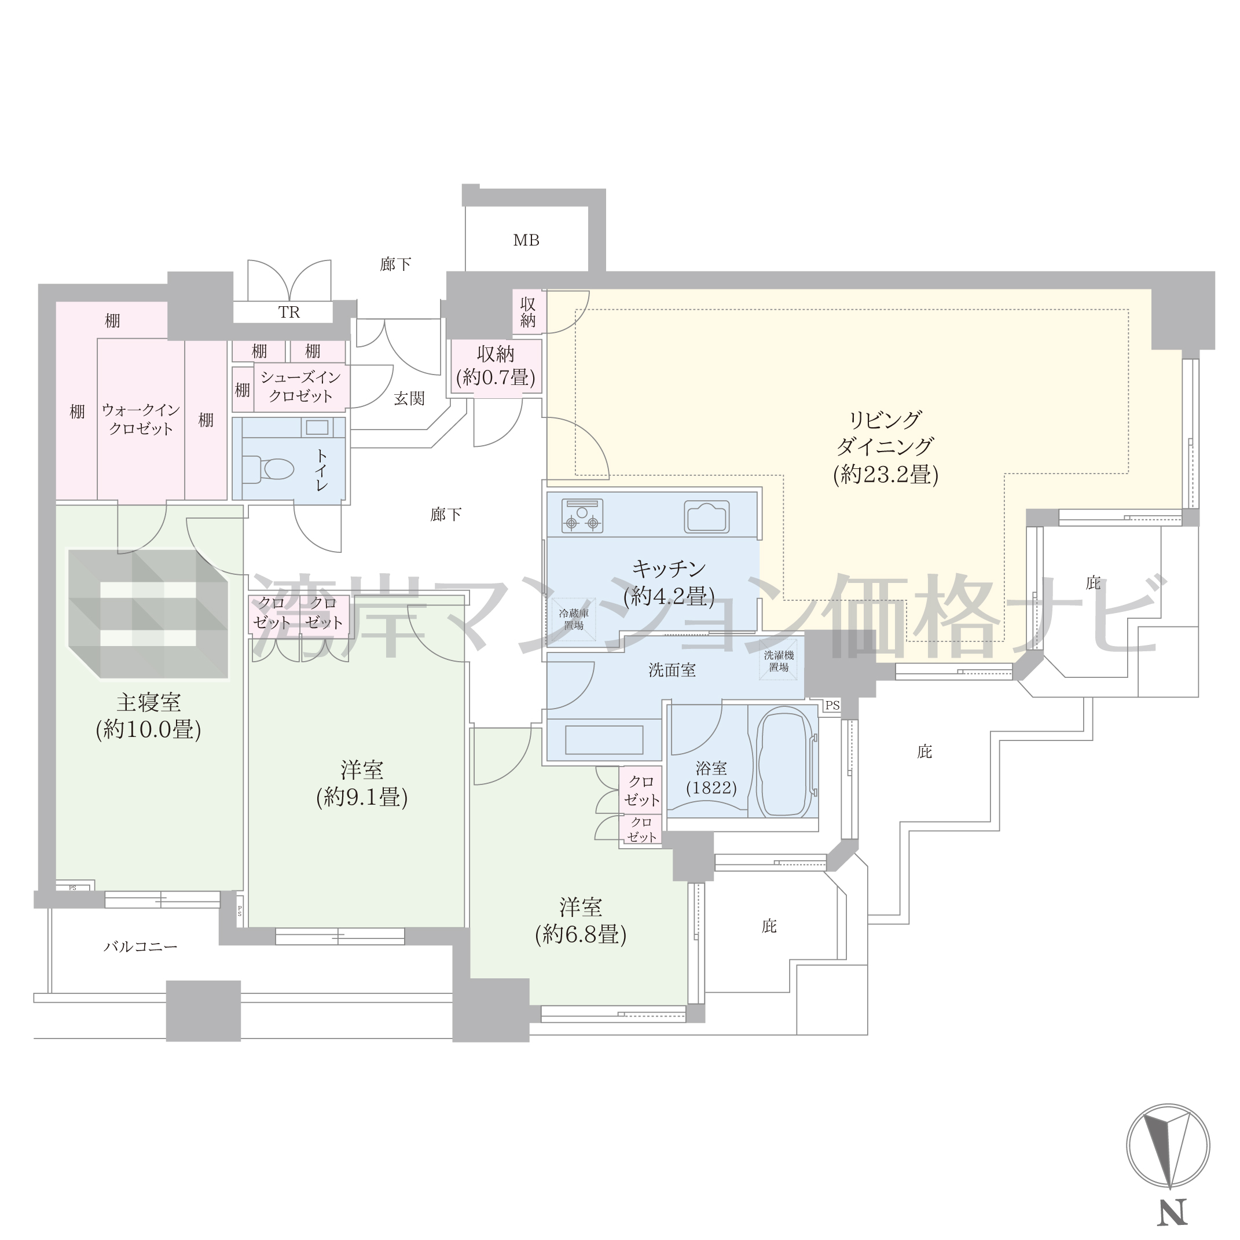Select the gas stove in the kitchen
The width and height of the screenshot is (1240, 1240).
coord(582,515)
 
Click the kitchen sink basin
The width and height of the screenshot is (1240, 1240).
coord(707,516)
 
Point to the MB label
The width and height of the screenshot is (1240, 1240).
coord(526,240)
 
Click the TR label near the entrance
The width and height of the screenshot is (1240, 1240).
coord(289,313)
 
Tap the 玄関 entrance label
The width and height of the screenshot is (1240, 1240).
coord(409,398)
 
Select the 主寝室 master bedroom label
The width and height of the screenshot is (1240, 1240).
coord(148,703)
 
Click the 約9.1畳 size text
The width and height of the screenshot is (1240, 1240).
coord(362,797)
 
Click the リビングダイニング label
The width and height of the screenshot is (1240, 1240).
coord(886,433)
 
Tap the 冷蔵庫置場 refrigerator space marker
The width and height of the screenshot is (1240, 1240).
coord(574,619)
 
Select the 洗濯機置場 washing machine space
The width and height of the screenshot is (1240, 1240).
coord(779,661)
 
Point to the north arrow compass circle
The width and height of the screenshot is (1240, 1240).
coord(1168,1146)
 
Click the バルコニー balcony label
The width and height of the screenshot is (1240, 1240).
coord(141,946)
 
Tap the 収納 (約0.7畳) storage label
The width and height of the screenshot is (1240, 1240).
coord(496,366)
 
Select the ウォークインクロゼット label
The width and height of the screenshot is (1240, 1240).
coord(141,419)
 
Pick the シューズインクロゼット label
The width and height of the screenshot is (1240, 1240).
coord(300,386)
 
